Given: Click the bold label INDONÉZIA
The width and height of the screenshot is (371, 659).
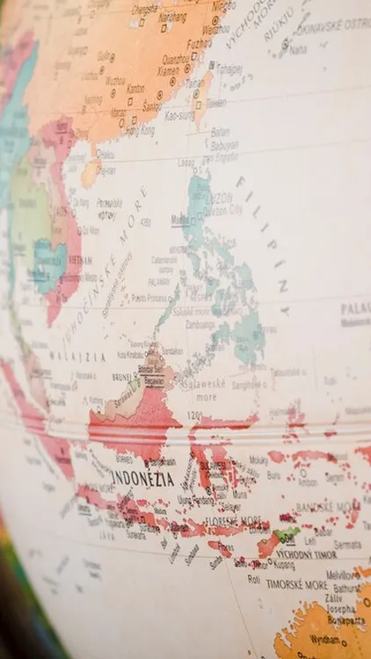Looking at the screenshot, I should (143, 479).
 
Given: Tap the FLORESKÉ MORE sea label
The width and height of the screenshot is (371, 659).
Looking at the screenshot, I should (235, 519).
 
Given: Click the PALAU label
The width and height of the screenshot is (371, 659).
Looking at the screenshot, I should (355, 308).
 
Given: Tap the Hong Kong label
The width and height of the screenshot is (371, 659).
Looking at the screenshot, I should (140, 131).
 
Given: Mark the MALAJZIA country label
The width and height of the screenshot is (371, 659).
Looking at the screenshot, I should (77, 358).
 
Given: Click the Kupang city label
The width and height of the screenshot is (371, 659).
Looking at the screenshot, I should (260, 565).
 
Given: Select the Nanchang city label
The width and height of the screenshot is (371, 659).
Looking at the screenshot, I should (172, 17).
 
